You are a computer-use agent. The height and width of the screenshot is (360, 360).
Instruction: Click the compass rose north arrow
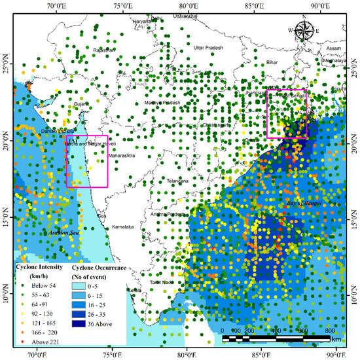coord(304,30)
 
